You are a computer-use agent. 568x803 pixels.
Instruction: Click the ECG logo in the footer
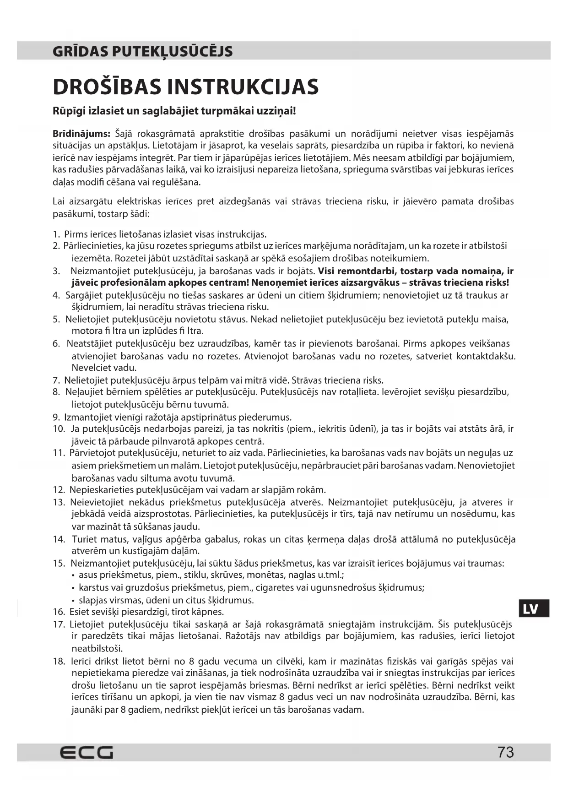point(87,752)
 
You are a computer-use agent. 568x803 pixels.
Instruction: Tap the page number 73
point(506,752)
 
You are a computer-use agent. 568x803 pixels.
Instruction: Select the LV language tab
point(530,609)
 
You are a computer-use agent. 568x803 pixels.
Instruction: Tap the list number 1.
point(56,234)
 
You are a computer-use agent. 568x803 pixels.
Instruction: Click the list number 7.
point(56,380)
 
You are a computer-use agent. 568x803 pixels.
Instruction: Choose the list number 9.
point(56,417)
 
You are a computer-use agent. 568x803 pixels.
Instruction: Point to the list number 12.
point(59,490)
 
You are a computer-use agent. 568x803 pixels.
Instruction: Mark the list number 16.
point(59,612)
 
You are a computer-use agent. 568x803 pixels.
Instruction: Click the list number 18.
point(59,661)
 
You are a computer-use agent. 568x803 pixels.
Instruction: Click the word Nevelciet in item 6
point(91,367)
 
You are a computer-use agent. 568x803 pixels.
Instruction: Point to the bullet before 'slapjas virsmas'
point(74,600)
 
